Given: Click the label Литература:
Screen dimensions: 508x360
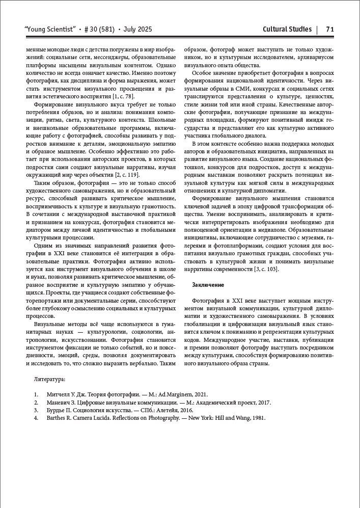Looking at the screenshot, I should click(49, 380).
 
